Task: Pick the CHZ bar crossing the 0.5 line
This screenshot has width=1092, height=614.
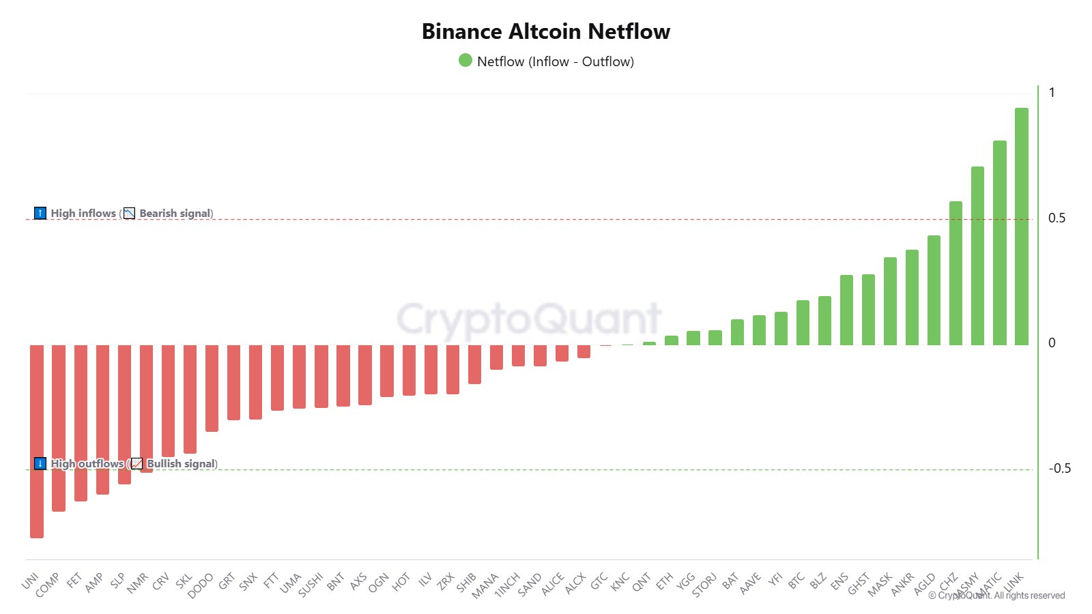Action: pos(955,273)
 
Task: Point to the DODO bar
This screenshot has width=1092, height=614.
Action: pos(212,388)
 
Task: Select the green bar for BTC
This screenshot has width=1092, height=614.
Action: pos(803,323)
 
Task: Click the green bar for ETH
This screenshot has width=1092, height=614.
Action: pos(672,340)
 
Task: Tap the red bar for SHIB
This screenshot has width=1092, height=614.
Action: pos(474,364)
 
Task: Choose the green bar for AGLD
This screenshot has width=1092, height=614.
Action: pos(934,290)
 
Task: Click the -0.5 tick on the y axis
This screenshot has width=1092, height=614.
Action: pos(1059,469)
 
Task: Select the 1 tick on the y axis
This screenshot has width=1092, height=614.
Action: pos(1052,93)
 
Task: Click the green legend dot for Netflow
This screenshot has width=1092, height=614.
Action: pos(465,61)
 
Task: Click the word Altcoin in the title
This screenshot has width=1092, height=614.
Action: pos(545,31)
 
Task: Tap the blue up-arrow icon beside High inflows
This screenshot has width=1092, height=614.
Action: pos(40,213)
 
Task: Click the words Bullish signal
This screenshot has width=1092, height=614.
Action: pos(181,464)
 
